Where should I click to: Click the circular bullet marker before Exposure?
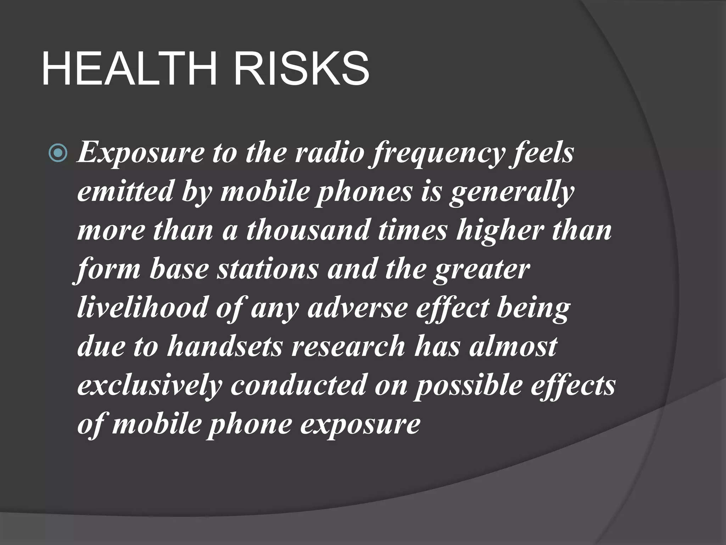[57, 154]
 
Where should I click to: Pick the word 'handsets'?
[224, 346]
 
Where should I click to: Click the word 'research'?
[348, 346]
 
